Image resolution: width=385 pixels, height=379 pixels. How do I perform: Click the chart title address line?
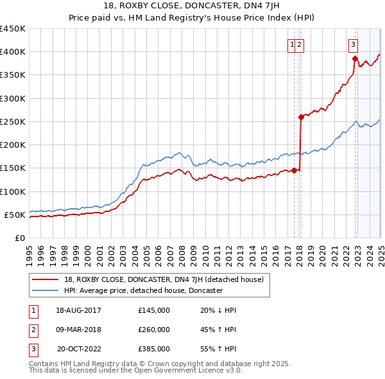click(192, 7)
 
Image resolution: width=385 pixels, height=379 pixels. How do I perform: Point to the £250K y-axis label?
click(13, 121)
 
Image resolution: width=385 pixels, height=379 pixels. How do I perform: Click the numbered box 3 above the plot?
click(354, 44)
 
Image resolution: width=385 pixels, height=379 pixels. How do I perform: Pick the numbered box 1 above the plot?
click(293, 44)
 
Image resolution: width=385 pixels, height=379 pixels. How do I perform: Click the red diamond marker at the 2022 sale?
click(355, 58)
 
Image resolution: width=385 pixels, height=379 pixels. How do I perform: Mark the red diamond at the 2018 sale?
click(300, 117)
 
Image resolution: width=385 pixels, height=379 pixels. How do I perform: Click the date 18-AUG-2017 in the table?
click(79, 310)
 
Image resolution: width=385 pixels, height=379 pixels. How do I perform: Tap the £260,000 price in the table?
click(154, 330)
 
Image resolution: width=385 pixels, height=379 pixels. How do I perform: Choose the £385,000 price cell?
click(154, 349)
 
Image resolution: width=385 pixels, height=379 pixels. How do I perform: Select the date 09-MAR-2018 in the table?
click(79, 330)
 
